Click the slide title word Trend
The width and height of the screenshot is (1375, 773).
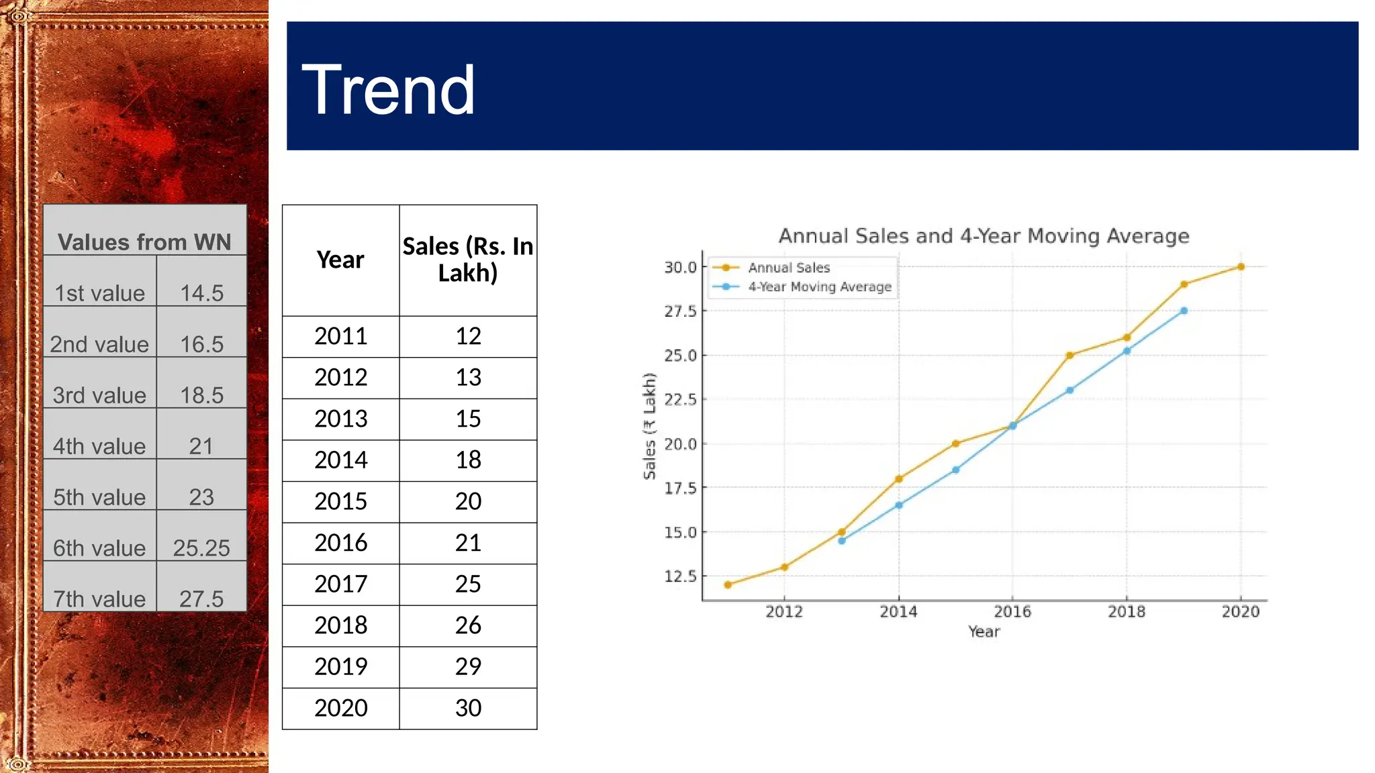pyautogui.click(x=388, y=90)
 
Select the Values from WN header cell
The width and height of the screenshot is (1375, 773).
pyautogui.click(x=144, y=242)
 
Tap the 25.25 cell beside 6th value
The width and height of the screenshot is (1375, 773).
pyautogui.click(x=201, y=548)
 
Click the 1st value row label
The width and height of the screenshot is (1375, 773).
pyautogui.click(x=99, y=293)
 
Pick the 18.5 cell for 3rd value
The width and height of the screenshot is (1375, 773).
pyautogui.click(x=201, y=395)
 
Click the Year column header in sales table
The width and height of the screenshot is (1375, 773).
pyautogui.click(x=340, y=260)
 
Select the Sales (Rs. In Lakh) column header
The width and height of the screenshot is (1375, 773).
pyautogui.click(x=468, y=260)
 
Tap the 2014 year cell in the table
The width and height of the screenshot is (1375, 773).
pyautogui.click(x=340, y=460)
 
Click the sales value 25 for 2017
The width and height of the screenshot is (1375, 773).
pyautogui.click(x=468, y=584)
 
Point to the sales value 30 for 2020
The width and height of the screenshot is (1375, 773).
pyautogui.click(x=468, y=708)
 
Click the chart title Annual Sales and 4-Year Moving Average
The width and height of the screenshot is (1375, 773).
pyautogui.click(x=984, y=236)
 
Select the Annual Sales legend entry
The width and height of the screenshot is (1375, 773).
pyautogui.click(x=789, y=268)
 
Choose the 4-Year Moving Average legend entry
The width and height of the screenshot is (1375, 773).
pyautogui.click(x=819, y=287)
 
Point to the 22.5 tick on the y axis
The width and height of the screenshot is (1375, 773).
pyautogui.click(x=680, y=400)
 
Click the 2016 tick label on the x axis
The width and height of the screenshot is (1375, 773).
pyautogui.click(x=1012, y=611)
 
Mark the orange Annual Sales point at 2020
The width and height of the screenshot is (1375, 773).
pyautogui.click(x=1241, y=267)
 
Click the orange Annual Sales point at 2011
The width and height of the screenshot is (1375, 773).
pyautogui.click(x=728, y=584)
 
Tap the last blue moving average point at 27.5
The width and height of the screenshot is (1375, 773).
pyautogui.click(x=1184, y=311)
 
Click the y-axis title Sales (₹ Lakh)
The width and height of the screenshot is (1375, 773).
pyautogui.click(x=649, y=427)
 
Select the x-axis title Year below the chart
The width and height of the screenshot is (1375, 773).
pyautogui.click(x=984, y=631)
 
